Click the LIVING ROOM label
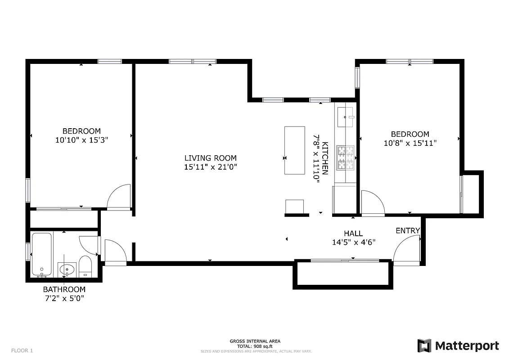(x=210, y=158)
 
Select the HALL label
(x=353, y=234)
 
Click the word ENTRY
(x=407, y=231)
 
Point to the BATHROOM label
(x=64, y=289)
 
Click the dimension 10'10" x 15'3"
(x=81, y=140)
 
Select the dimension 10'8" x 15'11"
(x=410, y=143)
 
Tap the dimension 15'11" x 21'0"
(x=210, y=166)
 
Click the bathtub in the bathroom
(x=41, y=254)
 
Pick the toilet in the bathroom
(x=85, y=265)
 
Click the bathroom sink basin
(x=67, y=270)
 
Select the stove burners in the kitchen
(x=345, y=157)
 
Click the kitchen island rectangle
(x=295, y=150)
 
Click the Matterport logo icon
(x=424, y=346)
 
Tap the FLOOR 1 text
(x=22, y=351)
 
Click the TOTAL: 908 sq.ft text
(x=255, y=346)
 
